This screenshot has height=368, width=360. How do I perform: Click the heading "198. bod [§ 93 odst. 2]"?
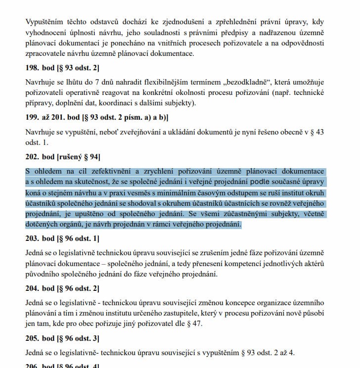[x=62, y=67]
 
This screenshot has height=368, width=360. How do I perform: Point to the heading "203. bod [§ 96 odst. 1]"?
[x=62, y=239]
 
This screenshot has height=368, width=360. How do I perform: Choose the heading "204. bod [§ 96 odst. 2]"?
[x=62, y=288]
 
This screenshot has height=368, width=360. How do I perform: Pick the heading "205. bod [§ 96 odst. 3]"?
[x=62, y=338]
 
